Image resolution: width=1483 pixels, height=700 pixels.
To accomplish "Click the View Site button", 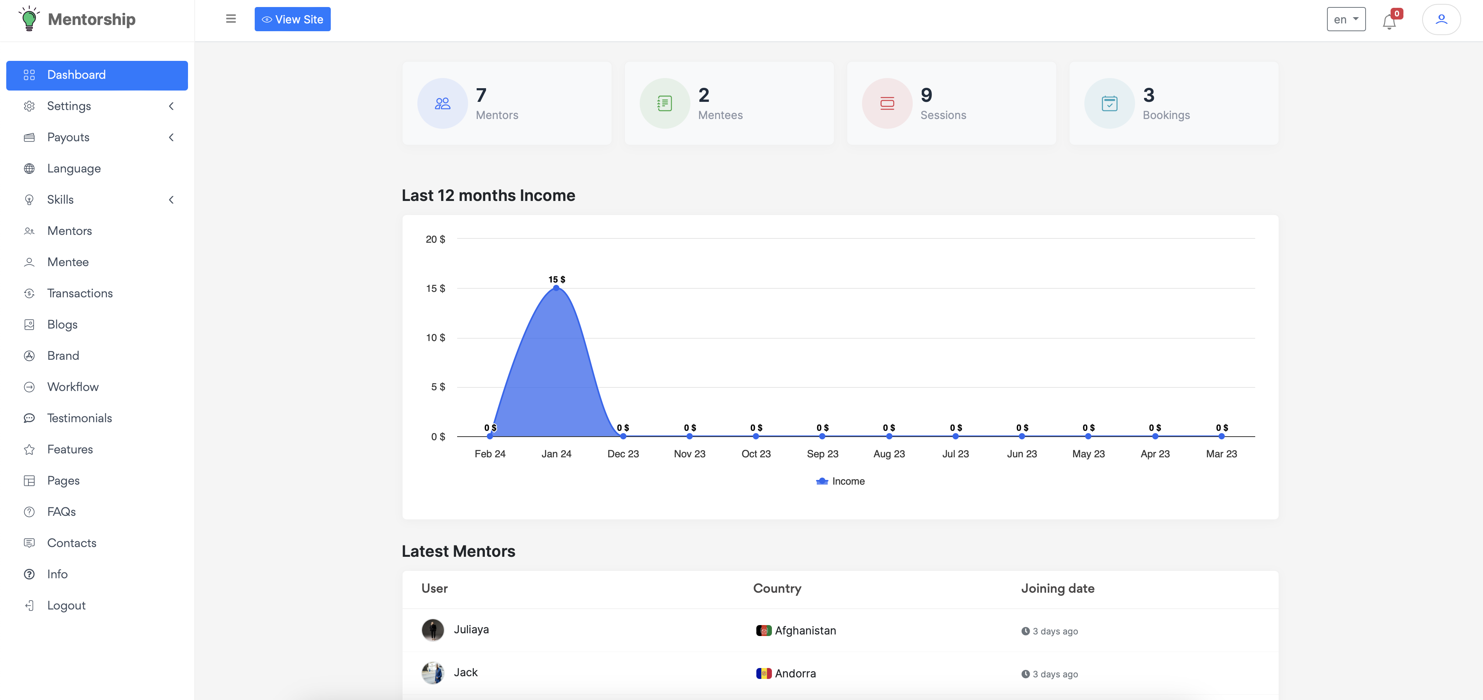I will pos(293,20).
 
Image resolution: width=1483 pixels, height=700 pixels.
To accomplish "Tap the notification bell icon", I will pos(1389,22).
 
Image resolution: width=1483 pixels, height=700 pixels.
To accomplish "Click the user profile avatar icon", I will pos(1441,20).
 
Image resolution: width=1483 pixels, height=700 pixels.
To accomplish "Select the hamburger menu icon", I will pos(231,19).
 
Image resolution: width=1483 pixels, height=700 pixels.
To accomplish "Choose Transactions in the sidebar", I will pos(80,293).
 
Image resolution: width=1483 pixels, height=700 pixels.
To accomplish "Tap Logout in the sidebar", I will pos(66,606).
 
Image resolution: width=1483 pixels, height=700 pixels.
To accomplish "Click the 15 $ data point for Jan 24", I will pos(556,288).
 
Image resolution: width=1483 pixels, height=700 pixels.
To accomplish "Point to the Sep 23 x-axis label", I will pos(822,454).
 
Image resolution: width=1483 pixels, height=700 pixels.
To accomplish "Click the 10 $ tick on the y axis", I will pos(435,338).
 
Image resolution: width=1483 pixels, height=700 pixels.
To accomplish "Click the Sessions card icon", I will pos(887,104).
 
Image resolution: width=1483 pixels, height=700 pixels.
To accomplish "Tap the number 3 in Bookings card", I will pos(1148,95).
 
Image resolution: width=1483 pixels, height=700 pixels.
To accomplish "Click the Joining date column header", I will pos(1057,589).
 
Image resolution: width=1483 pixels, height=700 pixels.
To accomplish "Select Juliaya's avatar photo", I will pos(432,630).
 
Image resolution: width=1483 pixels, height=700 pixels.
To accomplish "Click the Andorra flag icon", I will pos(763,673).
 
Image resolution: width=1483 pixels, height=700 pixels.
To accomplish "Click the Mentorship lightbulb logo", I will pos(29,19).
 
